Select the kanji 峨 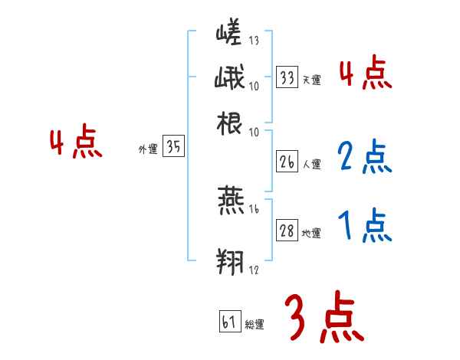tap(230, 80)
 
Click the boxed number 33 tap(287, 78)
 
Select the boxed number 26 tap(287, 162)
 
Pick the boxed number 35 tap(174, 149)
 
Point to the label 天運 tap(312, 80)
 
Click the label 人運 tap(312, 164)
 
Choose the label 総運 tap(255, 324)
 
